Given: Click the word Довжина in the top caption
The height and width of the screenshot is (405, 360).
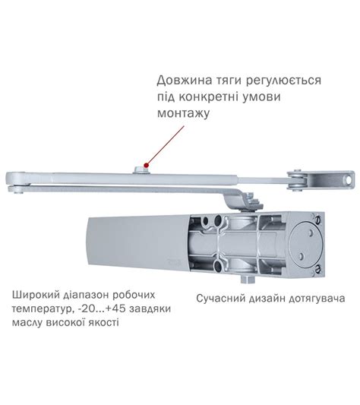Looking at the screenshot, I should pos(182,80).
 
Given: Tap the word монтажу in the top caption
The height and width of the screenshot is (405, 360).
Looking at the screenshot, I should pos(183,112).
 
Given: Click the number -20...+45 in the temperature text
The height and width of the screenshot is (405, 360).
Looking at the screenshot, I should pos(100,309).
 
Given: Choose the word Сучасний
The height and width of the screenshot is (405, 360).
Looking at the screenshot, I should pos(223,299).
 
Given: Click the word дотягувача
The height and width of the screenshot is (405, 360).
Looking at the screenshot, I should pos(313,299).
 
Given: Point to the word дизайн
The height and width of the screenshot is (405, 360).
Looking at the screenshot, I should pos(265,299).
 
